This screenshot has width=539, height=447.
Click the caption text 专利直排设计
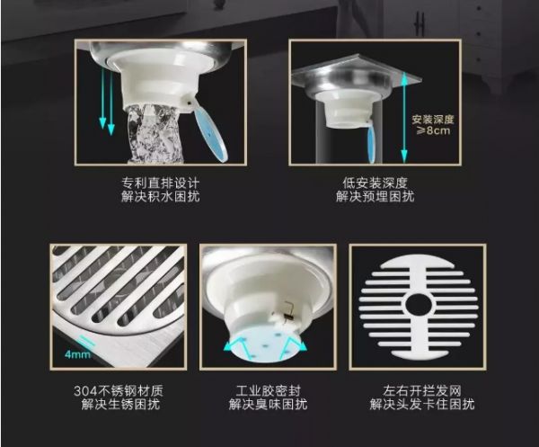pyautogui.click(x=161, y=183)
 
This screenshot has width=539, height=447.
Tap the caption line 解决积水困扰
pyautogui.click(x=161, y=196)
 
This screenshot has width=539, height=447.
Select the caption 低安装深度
pyautogui.click(x=375, y=183)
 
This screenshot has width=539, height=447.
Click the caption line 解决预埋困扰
pyautogui.click(x=375, y=196)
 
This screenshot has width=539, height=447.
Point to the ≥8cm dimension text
pyautogui.click(x=433, y=130)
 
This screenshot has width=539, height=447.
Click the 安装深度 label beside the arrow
pyautogui.click(x=433, y=120)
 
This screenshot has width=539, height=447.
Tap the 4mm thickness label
pyautogui.click(x=77, y=354)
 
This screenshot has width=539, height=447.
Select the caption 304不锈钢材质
pyautogui.click(x=119, y=391)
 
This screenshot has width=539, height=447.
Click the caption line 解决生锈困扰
pyautogui.click(x=120, y=404)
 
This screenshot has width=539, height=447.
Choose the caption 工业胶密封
pyautogui.click(x=268, y=391)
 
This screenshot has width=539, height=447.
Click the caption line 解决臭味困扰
pyautogui.click(x=268, y=404)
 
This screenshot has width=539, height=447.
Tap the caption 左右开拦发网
pyautogui.click(x=422, y=391)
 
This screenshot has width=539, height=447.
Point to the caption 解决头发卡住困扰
pyautogui.click(x=422, y=404)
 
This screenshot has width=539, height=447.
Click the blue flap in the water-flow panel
pyautogui.click(x=211, y=132)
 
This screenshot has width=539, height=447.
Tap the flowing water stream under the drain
pyautogui.click(x=154, y=133)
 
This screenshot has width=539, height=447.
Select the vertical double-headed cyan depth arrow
pyautogui.click(x=404, y=117)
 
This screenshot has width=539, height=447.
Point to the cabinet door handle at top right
pyautogui.click(x=420, y=23)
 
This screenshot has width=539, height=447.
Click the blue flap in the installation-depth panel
pyautogui.click(x=372, y=144)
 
